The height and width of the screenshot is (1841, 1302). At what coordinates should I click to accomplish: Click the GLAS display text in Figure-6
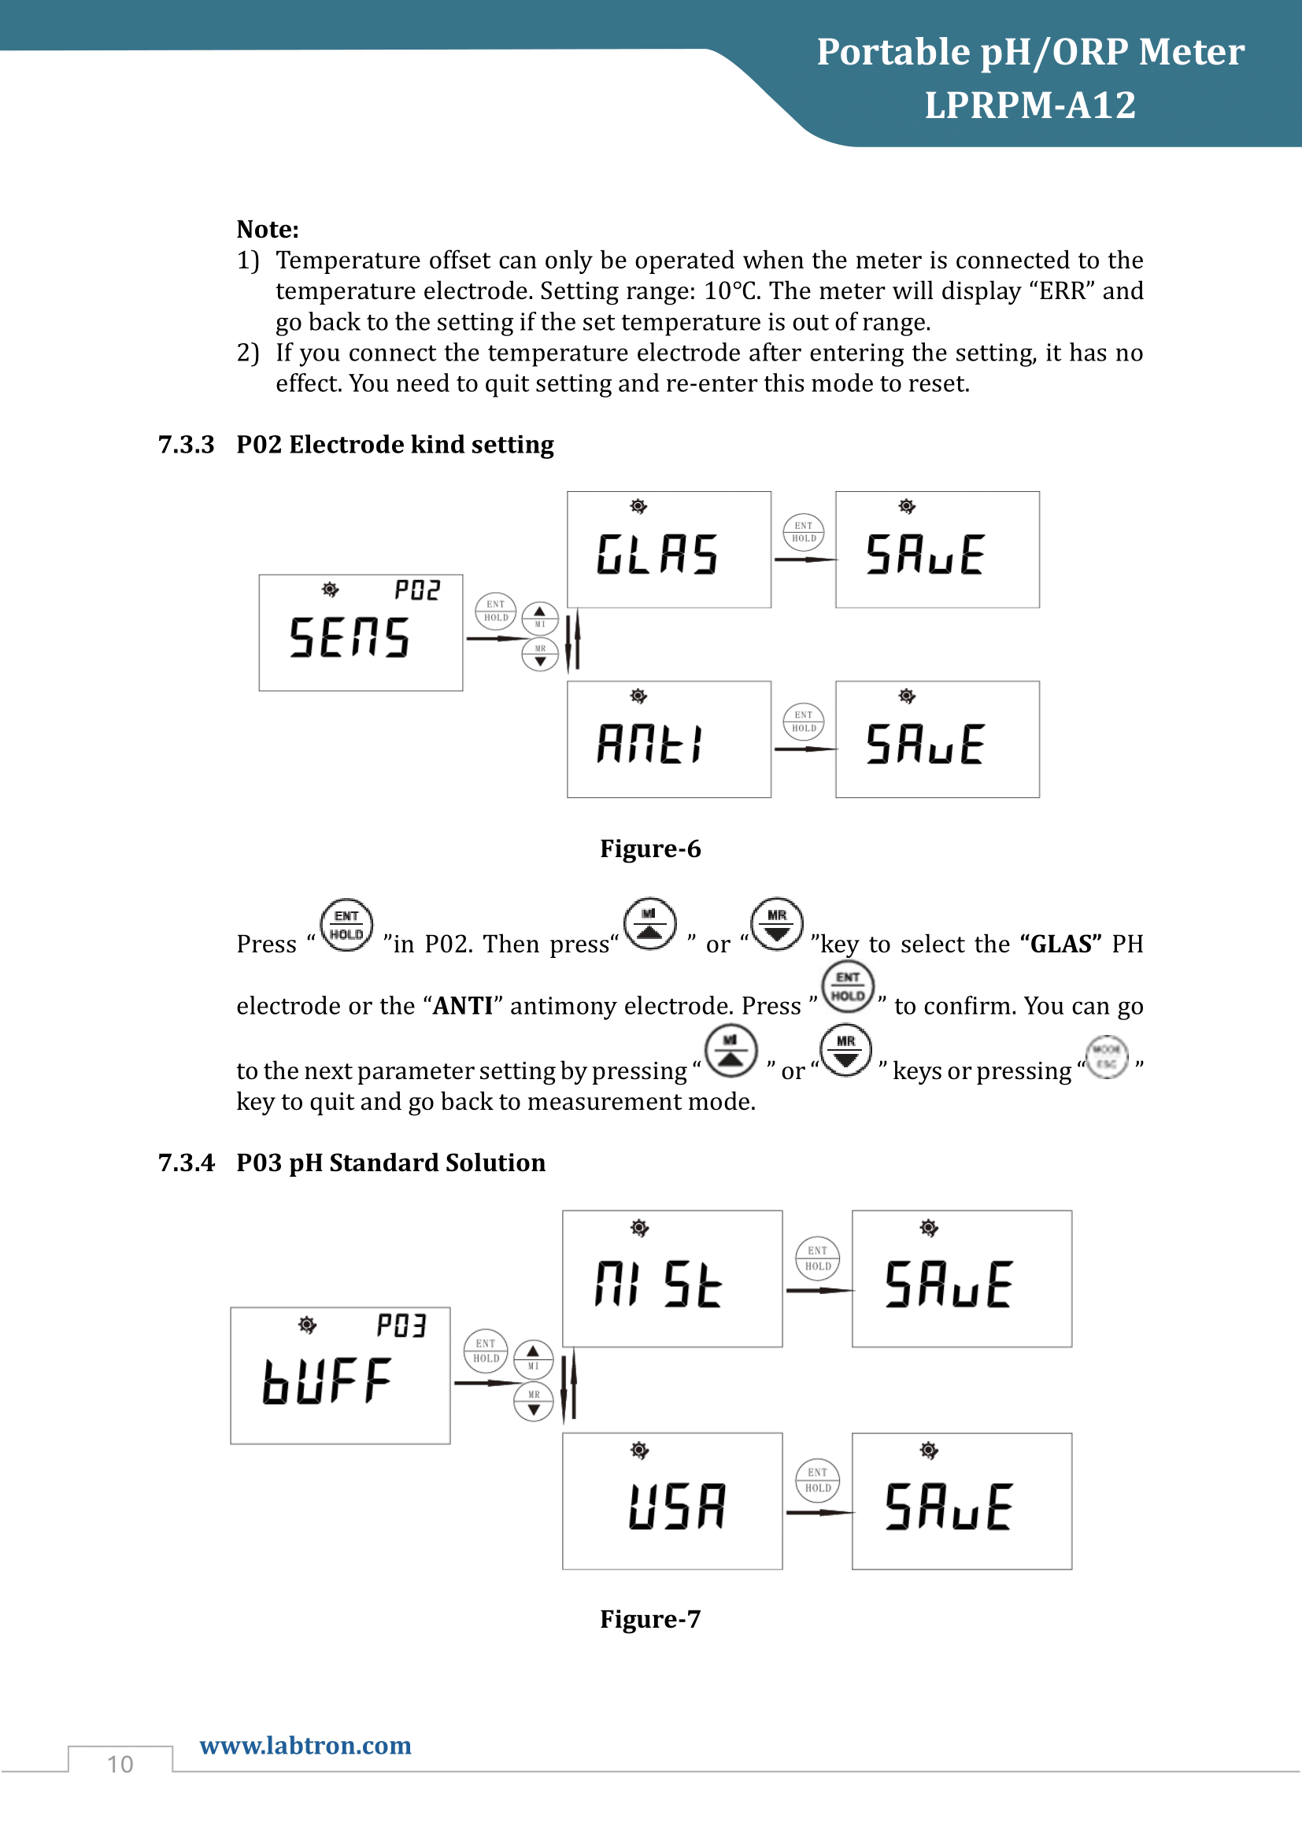[x=657, y=555]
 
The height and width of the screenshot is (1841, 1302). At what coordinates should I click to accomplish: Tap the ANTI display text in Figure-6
[x=650, y=743]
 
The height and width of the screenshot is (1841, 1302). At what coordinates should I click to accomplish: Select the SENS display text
[x=350, y=638]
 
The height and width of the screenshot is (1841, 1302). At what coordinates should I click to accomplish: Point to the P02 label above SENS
[x=417, y=591]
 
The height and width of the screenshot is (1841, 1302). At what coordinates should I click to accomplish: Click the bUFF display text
[x=327, y=1381]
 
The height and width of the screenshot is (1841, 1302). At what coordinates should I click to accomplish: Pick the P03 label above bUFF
[x=401, y=1325]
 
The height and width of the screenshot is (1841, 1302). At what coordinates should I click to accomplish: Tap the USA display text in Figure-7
[x=678, y=1506]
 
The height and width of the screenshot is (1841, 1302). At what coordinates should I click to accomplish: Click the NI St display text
[x=658, y=1284]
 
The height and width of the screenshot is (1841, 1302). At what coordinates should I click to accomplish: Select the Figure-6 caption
[x=650, y=848]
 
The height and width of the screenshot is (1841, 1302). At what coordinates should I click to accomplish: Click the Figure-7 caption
[x=650, y=1619]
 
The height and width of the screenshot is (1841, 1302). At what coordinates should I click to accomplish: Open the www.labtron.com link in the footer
[x=305, y=1745]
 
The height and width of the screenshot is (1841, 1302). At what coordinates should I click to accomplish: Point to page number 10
[x=120, y=1764]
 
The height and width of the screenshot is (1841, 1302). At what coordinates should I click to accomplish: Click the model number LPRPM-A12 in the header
[x=1030, y=105]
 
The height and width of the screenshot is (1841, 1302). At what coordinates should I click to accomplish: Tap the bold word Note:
[x=268, y=229]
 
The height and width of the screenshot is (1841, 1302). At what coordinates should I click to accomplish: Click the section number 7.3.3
[x=186, y=444]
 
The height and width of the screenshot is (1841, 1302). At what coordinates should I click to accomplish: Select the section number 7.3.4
[x=186, y=1163]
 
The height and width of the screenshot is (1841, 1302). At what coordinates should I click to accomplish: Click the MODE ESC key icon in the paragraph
[x=1106, y=1057]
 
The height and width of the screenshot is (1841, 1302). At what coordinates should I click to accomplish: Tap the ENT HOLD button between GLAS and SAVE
[x=804, y=532]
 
